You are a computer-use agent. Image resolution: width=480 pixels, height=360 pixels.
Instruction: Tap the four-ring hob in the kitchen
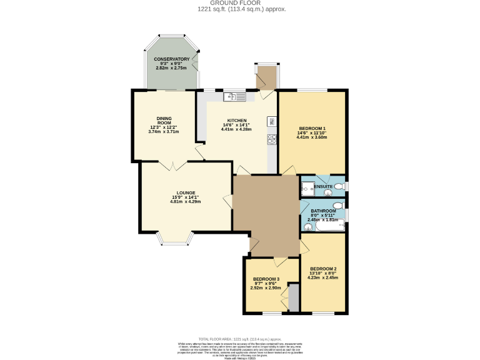(272, 139)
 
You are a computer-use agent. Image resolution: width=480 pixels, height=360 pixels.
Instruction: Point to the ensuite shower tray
(308, 187)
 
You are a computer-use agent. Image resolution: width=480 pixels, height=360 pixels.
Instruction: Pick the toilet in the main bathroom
(338, 205)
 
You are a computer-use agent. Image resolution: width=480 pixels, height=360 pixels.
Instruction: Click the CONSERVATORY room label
(171, 59)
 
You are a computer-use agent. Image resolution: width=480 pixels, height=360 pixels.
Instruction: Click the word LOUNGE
(186, 192)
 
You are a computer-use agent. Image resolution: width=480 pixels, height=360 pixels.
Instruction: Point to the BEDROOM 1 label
(311, 129)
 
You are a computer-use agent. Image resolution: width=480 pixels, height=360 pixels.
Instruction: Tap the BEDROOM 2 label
(323, 269)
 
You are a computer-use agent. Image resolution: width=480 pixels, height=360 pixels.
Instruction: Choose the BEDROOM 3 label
(266, 279)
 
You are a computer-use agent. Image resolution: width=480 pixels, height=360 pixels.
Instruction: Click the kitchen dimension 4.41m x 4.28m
(237, 129)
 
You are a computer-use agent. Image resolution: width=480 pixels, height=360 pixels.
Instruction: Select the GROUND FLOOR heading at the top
(239, 3)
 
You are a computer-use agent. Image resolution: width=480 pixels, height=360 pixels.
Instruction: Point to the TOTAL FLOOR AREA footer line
(240, 337)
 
